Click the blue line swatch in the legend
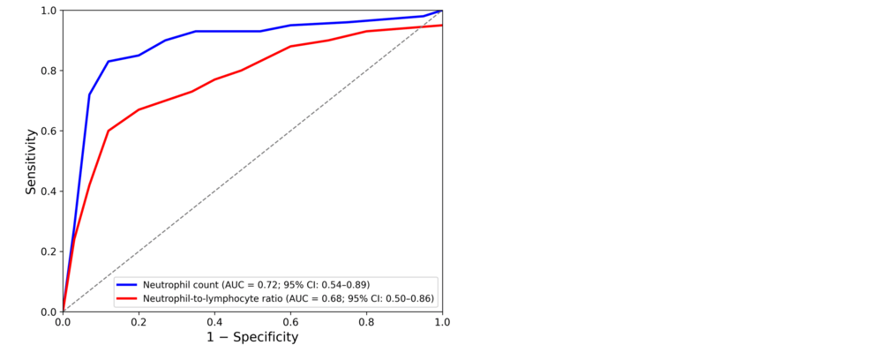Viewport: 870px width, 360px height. pyautogui.click(x=127, y=285)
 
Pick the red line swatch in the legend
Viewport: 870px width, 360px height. pyautogui.click(x=127, y=299)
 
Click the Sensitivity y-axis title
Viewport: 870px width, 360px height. pyautogui.click(x=31, y=161)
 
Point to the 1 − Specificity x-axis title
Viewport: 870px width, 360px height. pyautogui.click(x=252, y=337)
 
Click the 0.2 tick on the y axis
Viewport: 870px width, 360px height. pyautogui.click(x=49, y=251)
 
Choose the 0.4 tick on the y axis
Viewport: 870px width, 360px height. pyautogui.click(x=49, y=191)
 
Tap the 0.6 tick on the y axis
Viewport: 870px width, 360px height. pyautogui.click(x=49, y=131)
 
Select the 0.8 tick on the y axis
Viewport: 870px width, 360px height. pyautogui.click(x=49, y=71)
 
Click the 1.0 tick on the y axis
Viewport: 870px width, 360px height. pyautogui.click(x=49, y=11)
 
